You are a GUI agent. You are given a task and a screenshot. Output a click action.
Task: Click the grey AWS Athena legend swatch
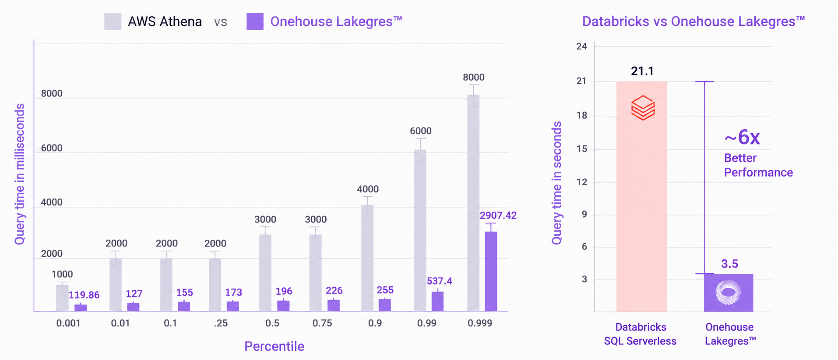point(113,21)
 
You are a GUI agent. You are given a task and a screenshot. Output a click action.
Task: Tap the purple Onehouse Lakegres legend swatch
point(255,21)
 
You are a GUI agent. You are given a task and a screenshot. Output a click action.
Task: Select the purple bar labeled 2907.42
point(491,271)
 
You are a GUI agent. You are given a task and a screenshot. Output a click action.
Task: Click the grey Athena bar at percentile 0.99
point(420,230)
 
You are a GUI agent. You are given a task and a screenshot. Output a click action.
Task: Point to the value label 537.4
point(440,281)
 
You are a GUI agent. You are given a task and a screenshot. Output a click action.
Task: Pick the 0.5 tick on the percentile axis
point(272,323)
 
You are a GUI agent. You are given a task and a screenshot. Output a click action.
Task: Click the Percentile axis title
point(274,346)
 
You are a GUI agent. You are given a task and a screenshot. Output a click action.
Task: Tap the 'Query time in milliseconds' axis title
point(20,174)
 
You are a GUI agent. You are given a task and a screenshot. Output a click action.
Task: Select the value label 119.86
point(84,295)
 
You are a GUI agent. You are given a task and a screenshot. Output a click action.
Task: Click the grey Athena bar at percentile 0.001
point(62,298)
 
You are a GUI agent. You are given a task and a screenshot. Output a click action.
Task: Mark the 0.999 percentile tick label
point(480,323)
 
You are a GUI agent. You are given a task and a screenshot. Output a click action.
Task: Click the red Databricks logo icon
point(643,107)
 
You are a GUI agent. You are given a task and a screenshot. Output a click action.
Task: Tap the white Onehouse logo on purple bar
point(728,293)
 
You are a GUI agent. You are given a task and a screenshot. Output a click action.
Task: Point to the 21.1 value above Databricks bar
point(642,71)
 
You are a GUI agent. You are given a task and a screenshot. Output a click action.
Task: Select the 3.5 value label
point(729,264)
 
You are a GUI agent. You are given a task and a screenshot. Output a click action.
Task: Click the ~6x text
point(742,138)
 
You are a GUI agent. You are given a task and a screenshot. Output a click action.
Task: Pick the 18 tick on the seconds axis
point(581,116)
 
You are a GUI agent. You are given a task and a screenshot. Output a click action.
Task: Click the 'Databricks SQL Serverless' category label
point(640,334)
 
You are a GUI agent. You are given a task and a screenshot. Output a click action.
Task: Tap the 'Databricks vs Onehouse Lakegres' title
point(694,21)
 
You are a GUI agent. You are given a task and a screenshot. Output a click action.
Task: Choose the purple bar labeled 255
point(385,305)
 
